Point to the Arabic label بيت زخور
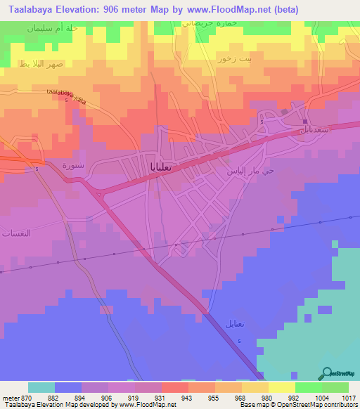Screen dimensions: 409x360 (x=234, y=60)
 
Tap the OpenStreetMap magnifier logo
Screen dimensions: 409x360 (x=328, y=373)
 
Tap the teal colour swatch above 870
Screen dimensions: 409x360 (x=41, y=387)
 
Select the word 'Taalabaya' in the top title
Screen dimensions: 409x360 (x=28, y=9)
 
